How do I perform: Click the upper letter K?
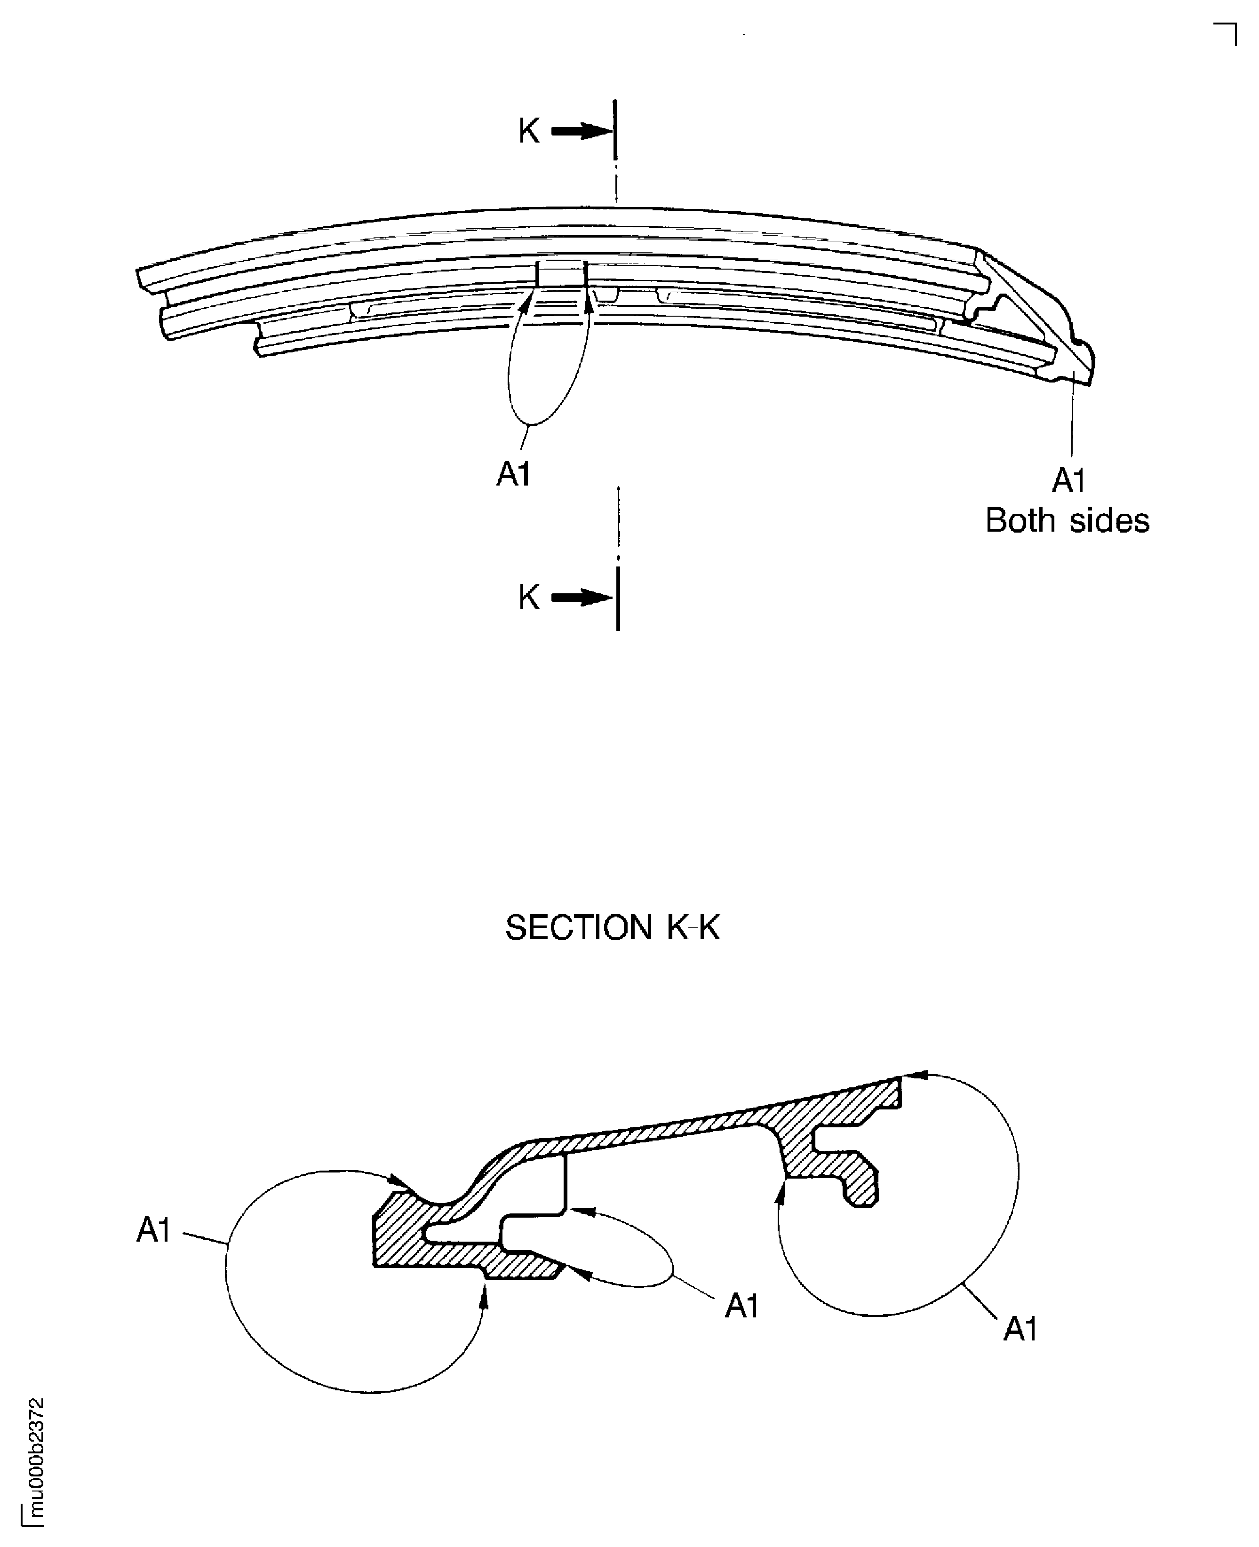529,131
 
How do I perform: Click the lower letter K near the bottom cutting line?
529,598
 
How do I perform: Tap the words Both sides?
1067,521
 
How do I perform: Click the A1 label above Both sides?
1068,481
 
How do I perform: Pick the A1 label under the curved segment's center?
513,474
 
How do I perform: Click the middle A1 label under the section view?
741,1306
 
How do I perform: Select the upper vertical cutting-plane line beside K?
615,130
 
